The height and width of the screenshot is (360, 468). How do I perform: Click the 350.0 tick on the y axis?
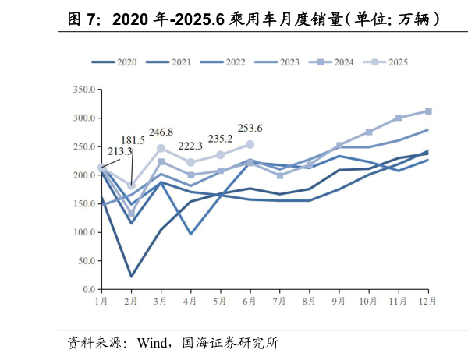82,90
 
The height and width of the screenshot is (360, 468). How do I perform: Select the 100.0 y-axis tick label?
82,232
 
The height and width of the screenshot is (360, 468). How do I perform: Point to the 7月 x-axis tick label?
279,300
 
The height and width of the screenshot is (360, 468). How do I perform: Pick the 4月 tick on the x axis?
190,300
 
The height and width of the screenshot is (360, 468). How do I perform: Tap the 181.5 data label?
132,140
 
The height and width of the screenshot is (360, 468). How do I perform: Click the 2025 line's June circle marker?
250,144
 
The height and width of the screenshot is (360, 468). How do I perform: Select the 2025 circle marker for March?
161,148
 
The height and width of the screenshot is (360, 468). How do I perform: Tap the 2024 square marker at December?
428,111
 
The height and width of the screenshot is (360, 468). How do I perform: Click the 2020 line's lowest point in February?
131,276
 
